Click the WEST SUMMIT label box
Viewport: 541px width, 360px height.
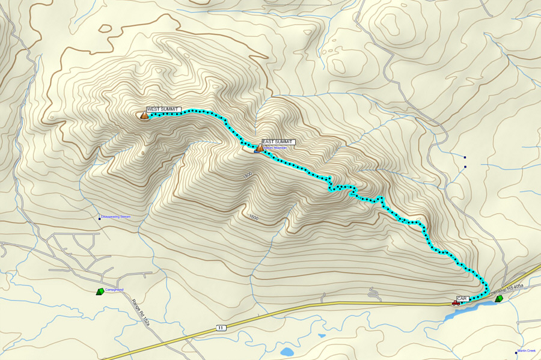163,109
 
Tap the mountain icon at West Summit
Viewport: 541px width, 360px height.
145,115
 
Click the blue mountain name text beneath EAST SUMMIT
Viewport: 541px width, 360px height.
276,148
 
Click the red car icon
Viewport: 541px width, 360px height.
456,303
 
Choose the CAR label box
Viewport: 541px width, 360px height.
462,298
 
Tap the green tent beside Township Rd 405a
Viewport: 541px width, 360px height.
498,298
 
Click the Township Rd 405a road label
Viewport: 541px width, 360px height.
506,293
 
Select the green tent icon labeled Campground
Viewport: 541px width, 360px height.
100,291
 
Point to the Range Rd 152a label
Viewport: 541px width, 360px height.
141,313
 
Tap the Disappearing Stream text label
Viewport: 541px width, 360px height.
115,216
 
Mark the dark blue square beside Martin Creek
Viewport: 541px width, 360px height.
516,352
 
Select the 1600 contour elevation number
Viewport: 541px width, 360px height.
253,217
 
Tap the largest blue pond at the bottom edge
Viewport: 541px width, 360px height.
288,351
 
